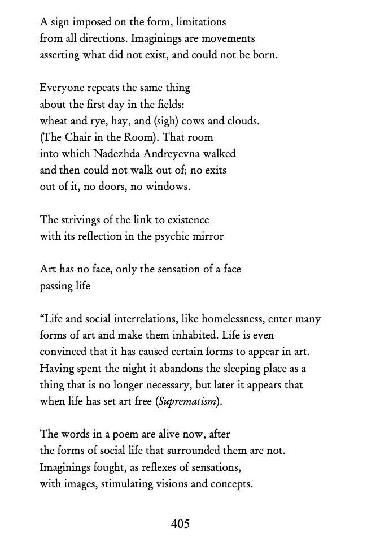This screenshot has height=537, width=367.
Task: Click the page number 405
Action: point(180,524)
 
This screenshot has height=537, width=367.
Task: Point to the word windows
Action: point(168,187)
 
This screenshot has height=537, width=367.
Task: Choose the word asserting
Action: point(60,55)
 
